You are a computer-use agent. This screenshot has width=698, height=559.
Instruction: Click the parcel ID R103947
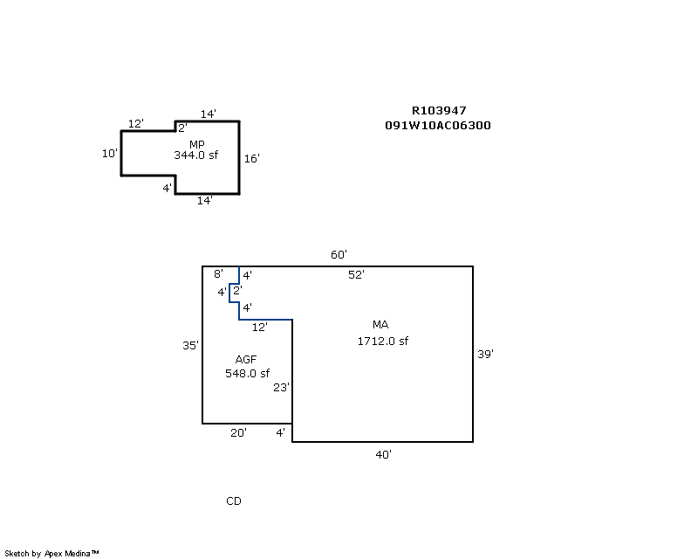439,111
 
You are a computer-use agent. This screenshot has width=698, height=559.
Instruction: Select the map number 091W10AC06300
438,125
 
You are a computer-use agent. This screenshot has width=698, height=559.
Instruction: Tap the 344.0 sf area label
195,155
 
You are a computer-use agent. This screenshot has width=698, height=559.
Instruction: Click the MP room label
197,144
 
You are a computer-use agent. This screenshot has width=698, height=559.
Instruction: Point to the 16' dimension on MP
252,158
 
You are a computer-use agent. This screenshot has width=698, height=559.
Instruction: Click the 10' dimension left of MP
109,153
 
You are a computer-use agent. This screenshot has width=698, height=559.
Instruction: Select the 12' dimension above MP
135,124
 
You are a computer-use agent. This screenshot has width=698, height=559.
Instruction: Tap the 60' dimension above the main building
339,255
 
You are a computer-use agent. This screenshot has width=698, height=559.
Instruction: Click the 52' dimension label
356,274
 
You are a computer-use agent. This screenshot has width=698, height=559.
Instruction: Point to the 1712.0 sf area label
382,341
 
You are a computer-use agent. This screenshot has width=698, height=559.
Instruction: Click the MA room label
380,325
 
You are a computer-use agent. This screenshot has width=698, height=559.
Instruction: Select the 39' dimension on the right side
486,354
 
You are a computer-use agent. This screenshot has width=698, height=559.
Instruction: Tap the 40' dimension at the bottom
383,454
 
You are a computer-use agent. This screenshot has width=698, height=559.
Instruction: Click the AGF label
246,360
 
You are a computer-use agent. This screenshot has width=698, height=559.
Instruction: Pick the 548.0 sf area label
247,374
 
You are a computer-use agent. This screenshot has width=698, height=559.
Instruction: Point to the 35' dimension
190,345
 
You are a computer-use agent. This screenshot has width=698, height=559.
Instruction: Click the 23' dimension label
281,388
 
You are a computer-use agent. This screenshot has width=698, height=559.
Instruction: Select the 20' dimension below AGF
238,432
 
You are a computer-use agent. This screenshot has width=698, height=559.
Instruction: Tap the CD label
234,500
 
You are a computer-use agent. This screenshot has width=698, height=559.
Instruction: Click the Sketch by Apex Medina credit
51,553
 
